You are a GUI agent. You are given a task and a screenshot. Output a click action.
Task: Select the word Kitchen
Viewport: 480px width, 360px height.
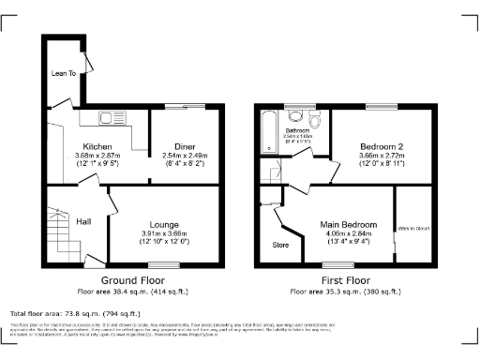[97, 147]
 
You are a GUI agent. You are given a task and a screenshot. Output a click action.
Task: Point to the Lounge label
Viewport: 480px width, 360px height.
[164, 224]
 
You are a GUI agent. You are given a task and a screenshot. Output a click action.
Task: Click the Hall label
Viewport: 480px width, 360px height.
[83, 221]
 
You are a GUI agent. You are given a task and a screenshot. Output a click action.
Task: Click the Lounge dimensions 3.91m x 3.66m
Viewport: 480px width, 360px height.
[164, 233]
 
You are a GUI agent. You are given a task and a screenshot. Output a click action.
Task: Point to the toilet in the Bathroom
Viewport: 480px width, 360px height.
[297, 117]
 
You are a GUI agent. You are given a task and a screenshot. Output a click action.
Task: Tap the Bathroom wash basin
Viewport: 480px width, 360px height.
[316, 116]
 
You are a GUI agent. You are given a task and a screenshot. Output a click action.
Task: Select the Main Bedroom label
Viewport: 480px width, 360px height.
[348, 225]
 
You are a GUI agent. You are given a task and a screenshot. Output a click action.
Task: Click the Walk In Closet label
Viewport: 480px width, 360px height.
[412, 228]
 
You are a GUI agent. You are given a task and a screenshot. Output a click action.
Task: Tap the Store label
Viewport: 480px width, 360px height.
[280, 246]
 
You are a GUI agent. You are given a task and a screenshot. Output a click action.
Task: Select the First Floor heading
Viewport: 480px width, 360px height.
[344, 280]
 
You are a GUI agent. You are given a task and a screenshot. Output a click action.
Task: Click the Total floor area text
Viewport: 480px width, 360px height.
[75, 313]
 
